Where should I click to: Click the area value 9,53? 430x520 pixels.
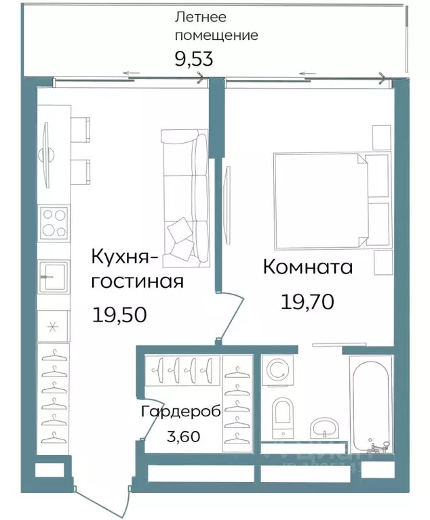click(194, 59)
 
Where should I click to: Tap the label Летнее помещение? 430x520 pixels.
click(216, 26)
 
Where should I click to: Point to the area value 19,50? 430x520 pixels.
click(119, 314)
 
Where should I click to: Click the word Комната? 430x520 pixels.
click(307, 267)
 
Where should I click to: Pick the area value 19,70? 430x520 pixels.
click(307, 301)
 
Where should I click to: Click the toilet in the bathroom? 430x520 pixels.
click(281, 414)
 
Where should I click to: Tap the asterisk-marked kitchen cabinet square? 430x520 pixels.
click(53, 327)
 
